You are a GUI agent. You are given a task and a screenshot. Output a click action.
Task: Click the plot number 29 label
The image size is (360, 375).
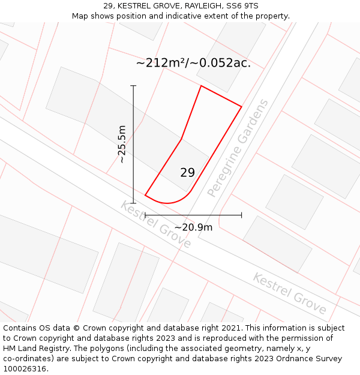[x=187, y=173]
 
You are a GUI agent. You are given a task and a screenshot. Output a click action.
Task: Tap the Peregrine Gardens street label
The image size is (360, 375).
[x=238, y=149]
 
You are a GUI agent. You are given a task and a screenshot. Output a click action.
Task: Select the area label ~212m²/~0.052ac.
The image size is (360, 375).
[x=193, y=63]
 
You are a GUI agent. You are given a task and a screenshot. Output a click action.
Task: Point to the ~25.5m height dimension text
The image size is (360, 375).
[x=122, y=144]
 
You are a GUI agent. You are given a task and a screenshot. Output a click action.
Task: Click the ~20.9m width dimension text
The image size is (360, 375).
[x=193, y=227]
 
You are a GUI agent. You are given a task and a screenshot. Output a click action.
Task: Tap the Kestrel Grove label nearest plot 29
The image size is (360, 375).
[x=155, y=224]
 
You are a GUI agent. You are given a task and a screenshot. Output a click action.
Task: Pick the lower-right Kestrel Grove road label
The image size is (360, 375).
[x=289, y=293]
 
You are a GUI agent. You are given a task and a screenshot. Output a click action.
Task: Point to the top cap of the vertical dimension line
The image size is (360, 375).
[x=133, y=86]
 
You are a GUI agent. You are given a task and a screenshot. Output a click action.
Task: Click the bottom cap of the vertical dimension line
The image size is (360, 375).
[x=133, y=203]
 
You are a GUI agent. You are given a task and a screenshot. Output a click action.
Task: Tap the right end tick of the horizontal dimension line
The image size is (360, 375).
[x=242, y=214]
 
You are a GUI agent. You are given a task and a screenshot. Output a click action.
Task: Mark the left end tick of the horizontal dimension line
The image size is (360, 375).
[x=145, y=214]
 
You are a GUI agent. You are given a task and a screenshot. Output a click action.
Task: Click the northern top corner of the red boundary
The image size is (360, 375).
[x=201, y=86]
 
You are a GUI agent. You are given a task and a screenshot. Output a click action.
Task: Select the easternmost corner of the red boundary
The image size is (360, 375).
[x=241, y=107]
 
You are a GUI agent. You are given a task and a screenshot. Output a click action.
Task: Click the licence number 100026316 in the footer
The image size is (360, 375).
[x=25, y=369]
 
